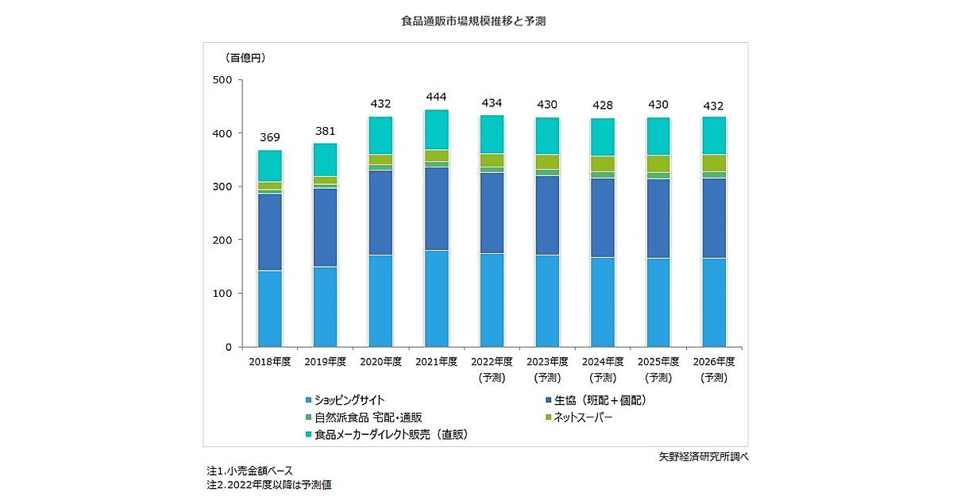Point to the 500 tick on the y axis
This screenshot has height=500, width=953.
click(x=222, y=80)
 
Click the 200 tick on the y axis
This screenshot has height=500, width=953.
click(x=222, y=240)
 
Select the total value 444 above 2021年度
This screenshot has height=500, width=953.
click(x=436, y=97)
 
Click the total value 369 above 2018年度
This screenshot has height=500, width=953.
click(x=269, y=137)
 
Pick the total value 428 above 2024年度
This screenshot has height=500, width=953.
click(x=603, y=106)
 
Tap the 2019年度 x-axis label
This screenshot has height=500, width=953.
click(x=325, y=361)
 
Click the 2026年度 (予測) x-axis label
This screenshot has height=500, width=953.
click(x=713, y=369)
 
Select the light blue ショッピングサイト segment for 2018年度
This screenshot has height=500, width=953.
click(x=269, y=309)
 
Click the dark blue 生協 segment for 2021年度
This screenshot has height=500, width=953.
click(x=436, y=209)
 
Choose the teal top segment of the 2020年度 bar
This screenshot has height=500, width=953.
click(x=380, y=136)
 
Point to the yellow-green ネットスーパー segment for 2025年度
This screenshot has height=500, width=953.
click(x=658, y=164)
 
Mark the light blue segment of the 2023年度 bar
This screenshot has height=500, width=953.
click(x=547, y=301)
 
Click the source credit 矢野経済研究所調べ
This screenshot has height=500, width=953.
click(x=704, y=456)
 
